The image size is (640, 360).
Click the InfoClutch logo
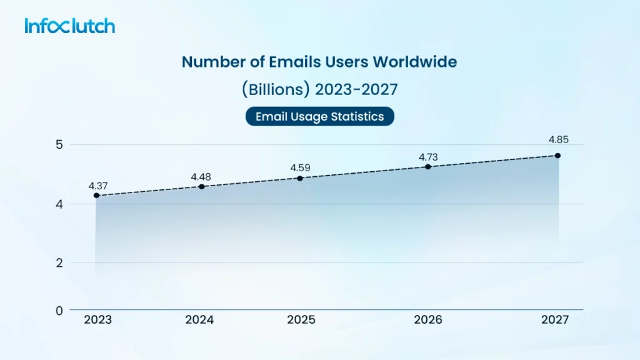point(70,26)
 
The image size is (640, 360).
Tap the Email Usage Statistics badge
point(319,116)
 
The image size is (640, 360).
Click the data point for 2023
point(96,196)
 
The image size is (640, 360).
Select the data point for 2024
point(201,186)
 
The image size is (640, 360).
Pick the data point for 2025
point(300,178)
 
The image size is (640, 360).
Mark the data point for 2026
point(427,167)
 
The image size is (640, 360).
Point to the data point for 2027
point(557,155)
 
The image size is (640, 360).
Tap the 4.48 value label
point(201,176)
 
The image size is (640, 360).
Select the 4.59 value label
point(300,167)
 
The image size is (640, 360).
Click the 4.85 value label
point(557,140)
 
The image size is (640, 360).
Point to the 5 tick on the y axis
point(60,145)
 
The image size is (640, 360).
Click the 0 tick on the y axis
point(60,310)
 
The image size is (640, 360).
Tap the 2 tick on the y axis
point(60,262)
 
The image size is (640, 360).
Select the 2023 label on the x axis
point(97,320)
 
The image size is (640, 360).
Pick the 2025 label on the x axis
point(301,320)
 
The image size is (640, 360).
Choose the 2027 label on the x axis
point(556,320)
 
